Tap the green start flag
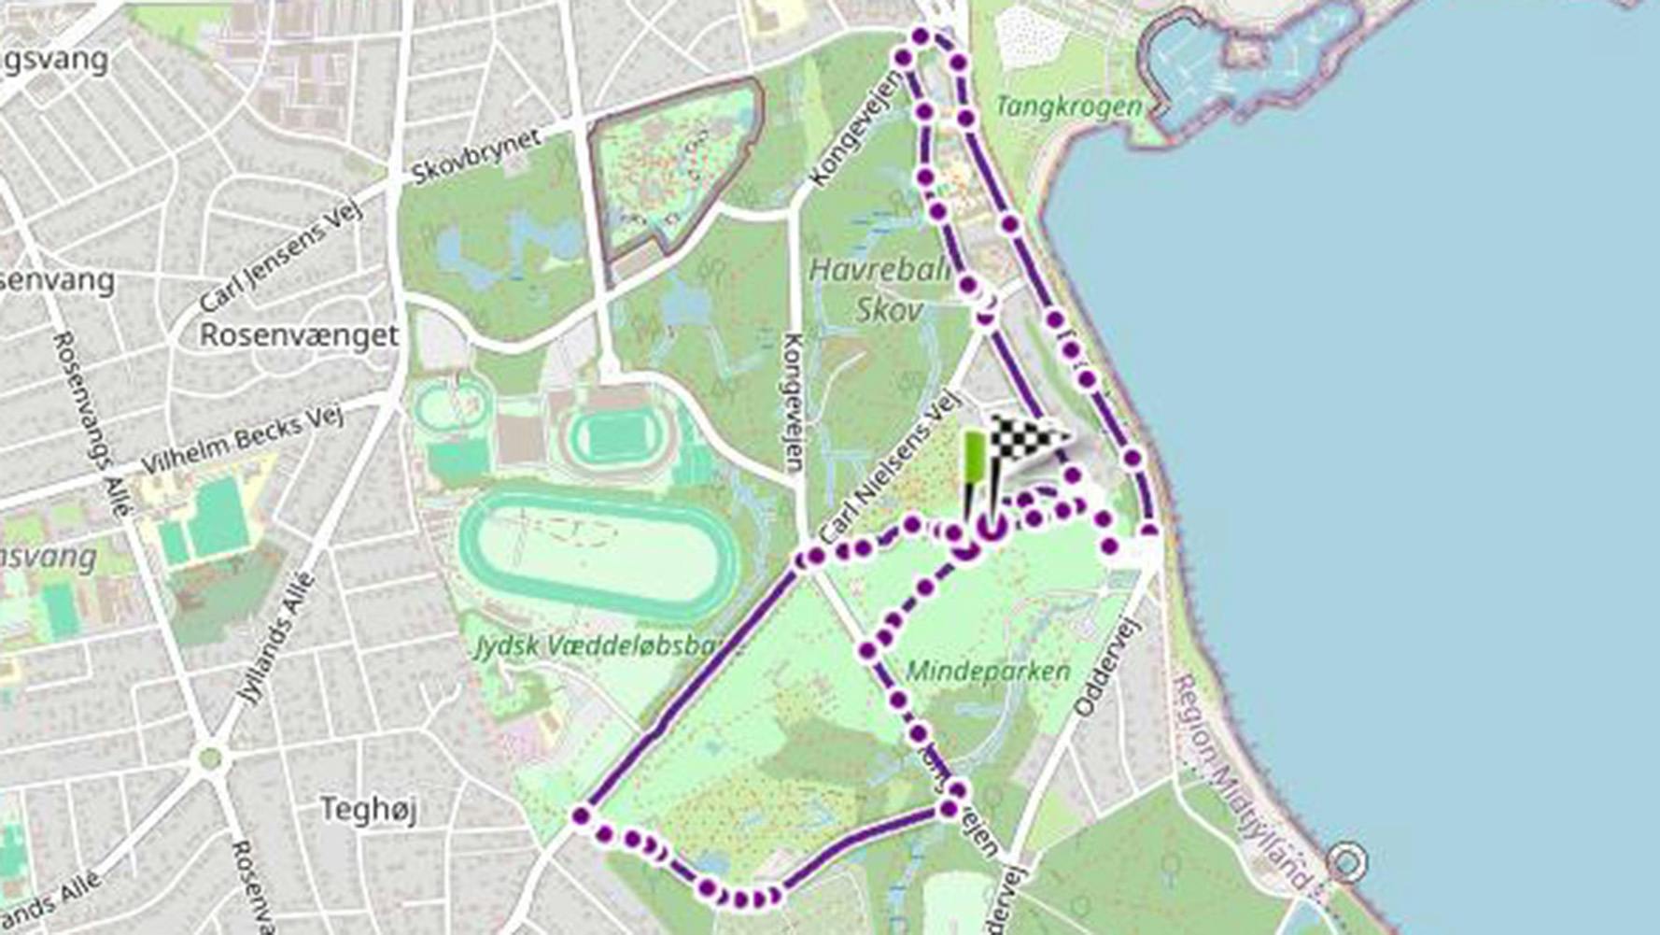click(x=973, y=459)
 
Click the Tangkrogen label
click(x=1069, y=106)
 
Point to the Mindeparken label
click(x=988, y=671)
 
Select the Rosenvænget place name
click(x=299, y=334)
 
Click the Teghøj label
click(x=368, y=809)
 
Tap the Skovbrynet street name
click(x=476, y=156)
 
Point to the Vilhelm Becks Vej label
click(x=242, y=438)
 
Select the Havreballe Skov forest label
click(x=878, y=290)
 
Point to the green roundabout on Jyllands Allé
click(x=210, y=758)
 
